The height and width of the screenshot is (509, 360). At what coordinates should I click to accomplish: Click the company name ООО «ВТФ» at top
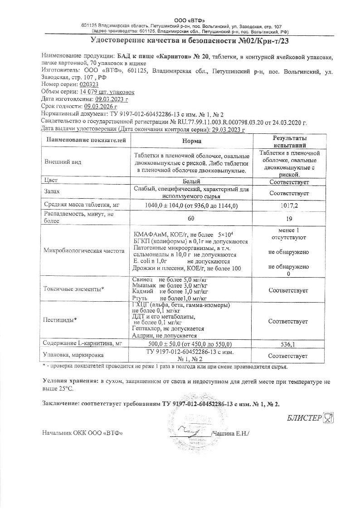(x=190, y=21)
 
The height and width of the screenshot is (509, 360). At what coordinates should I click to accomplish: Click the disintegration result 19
(x=288, y=218)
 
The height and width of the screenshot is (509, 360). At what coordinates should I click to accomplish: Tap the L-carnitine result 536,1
(x=288, y=344)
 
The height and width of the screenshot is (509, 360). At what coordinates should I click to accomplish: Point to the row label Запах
(x=53, y=192)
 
